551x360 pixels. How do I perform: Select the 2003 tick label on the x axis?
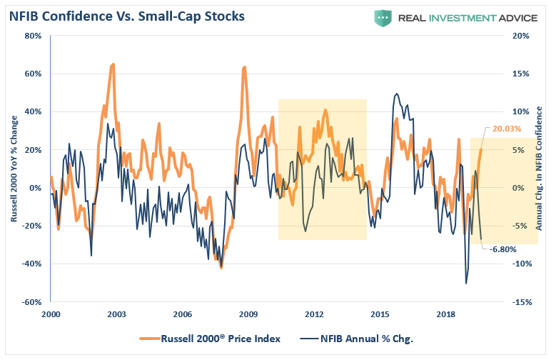tap(116, 314)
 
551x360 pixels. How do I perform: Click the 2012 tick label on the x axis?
tap(314, 314)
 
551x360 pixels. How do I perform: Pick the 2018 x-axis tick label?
tap(446, 314)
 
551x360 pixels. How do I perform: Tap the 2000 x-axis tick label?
tap(51, 314)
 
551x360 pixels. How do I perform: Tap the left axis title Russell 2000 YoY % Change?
tap(13, 169)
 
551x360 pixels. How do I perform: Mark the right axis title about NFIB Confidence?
tap(540, 169)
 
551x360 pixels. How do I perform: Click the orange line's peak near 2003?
tap(113, 64)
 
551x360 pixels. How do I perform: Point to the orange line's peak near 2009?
tap(245, 67)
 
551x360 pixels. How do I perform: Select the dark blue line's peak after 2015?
tap(396, 94)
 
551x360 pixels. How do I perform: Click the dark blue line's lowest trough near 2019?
tap(466, 284)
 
